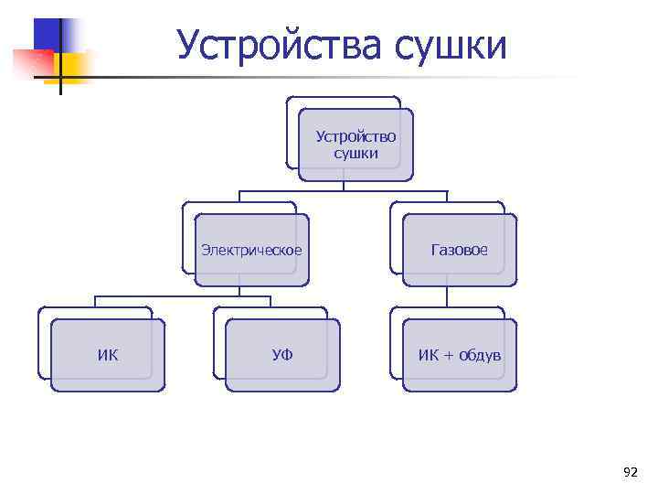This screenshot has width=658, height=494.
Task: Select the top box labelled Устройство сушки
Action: click(356, 145)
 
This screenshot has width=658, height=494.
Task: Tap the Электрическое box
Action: click(251, 250)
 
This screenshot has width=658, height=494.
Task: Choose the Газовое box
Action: click(460, 250)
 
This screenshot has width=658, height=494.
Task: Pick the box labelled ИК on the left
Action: click(108, 355)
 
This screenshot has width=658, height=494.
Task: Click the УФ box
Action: click(282, 355)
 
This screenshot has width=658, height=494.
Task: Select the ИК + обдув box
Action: click(460, 355)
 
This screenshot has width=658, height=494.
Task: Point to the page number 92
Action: click(630, 472)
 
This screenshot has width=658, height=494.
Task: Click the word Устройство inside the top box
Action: click(356, 136)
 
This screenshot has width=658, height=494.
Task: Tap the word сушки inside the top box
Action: click(356, 154)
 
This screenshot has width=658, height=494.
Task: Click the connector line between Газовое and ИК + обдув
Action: click(447, 297)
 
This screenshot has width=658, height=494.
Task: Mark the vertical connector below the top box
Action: click(344, 186)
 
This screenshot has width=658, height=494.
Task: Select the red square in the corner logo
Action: click(32, 62)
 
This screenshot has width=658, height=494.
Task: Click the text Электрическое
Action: click(251, 250)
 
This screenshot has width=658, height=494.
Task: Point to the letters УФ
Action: click(282, 355)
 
